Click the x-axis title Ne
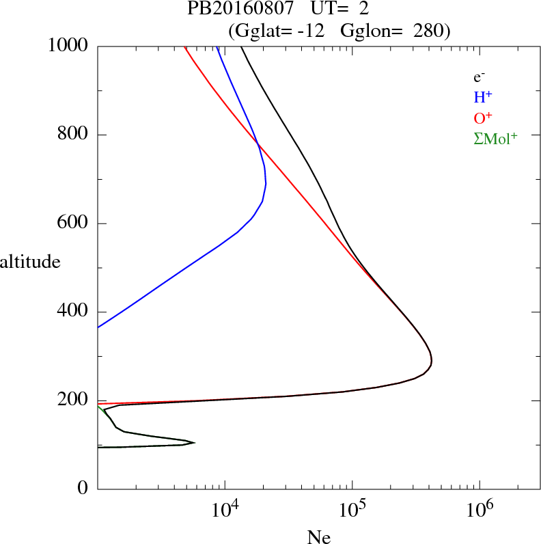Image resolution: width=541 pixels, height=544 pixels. (318, 537)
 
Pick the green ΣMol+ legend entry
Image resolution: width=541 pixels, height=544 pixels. (495, 139)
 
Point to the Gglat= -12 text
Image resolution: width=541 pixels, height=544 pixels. (279, 31)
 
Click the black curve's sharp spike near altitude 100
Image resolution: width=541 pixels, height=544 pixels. (195, 442)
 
